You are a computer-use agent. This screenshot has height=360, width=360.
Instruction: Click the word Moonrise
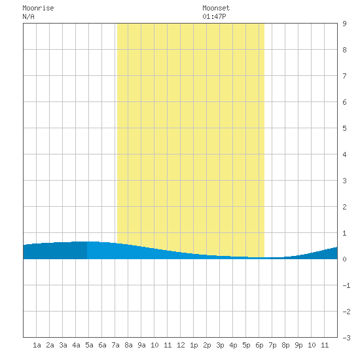pyautogui.click(x=38, y=9)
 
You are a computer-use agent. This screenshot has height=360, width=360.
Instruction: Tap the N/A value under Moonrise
pyautogui.click(x=28, y=17)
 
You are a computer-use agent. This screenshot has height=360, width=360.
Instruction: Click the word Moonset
pyautogui.click(x=216, y=9)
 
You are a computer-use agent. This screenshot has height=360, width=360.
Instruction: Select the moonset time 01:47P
pyautogui.click(x=214, y=17)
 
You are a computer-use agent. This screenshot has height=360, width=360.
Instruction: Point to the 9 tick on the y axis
pyautogui.click(x=344, y=24)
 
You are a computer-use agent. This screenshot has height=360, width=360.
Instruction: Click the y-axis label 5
pyautogui.click(x=344, y=128)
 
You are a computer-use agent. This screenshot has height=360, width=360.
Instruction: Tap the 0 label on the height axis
pyautogui.click(x=344, y=259)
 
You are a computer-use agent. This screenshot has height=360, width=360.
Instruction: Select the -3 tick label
pyautogui.click(x=346, y=338)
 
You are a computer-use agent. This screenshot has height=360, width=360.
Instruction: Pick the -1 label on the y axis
pyautogui.click(x=346, y=285)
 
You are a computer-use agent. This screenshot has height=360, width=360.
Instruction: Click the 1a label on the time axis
pyautogui.click(x=37, y=345)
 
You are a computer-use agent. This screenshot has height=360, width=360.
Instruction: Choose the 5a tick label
pyautogui.click(x=89, y=345)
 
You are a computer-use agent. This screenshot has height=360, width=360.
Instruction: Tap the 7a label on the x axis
pyautogui.click(x=115, y=345)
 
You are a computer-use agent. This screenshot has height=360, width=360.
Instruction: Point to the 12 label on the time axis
pyautogui.click(x=181, y=345)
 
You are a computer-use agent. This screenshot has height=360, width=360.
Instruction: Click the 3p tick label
pyautogui.click(x=220, y=345)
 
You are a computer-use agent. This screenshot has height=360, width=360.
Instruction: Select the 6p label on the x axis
pyautogui.click(x=259, y=345)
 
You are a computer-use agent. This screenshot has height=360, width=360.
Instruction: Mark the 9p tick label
pyautogui.click(x=298, y=345)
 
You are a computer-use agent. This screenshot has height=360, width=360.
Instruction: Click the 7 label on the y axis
pyautogui.click(x=344, y=76)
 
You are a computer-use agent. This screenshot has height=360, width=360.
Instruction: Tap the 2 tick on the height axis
pyautogui.click(x=344, y=207)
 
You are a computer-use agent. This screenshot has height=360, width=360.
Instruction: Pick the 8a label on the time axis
pyautogui.click(x=128, y=345)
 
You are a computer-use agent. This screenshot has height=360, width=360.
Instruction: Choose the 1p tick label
pyautogui.click(x=194, y=345)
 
